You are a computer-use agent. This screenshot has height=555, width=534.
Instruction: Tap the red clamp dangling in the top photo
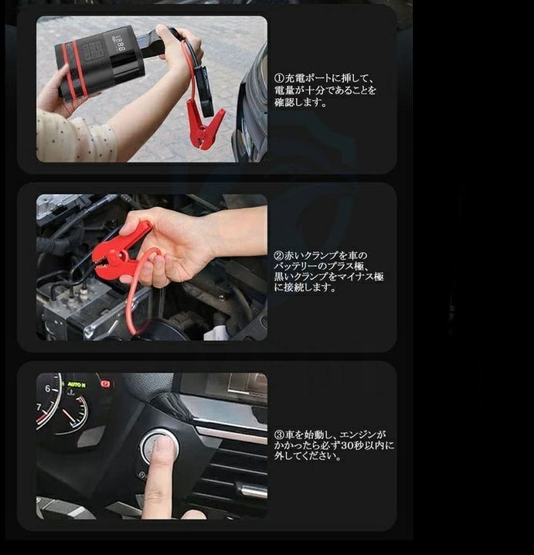(x=204, y=124)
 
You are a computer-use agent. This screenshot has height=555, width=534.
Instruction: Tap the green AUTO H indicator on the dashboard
(x=77, y=384)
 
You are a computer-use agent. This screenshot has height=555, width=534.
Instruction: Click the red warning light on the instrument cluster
(x=105, y=383)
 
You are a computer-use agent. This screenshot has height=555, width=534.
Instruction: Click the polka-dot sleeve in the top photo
(x=73, y=139)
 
